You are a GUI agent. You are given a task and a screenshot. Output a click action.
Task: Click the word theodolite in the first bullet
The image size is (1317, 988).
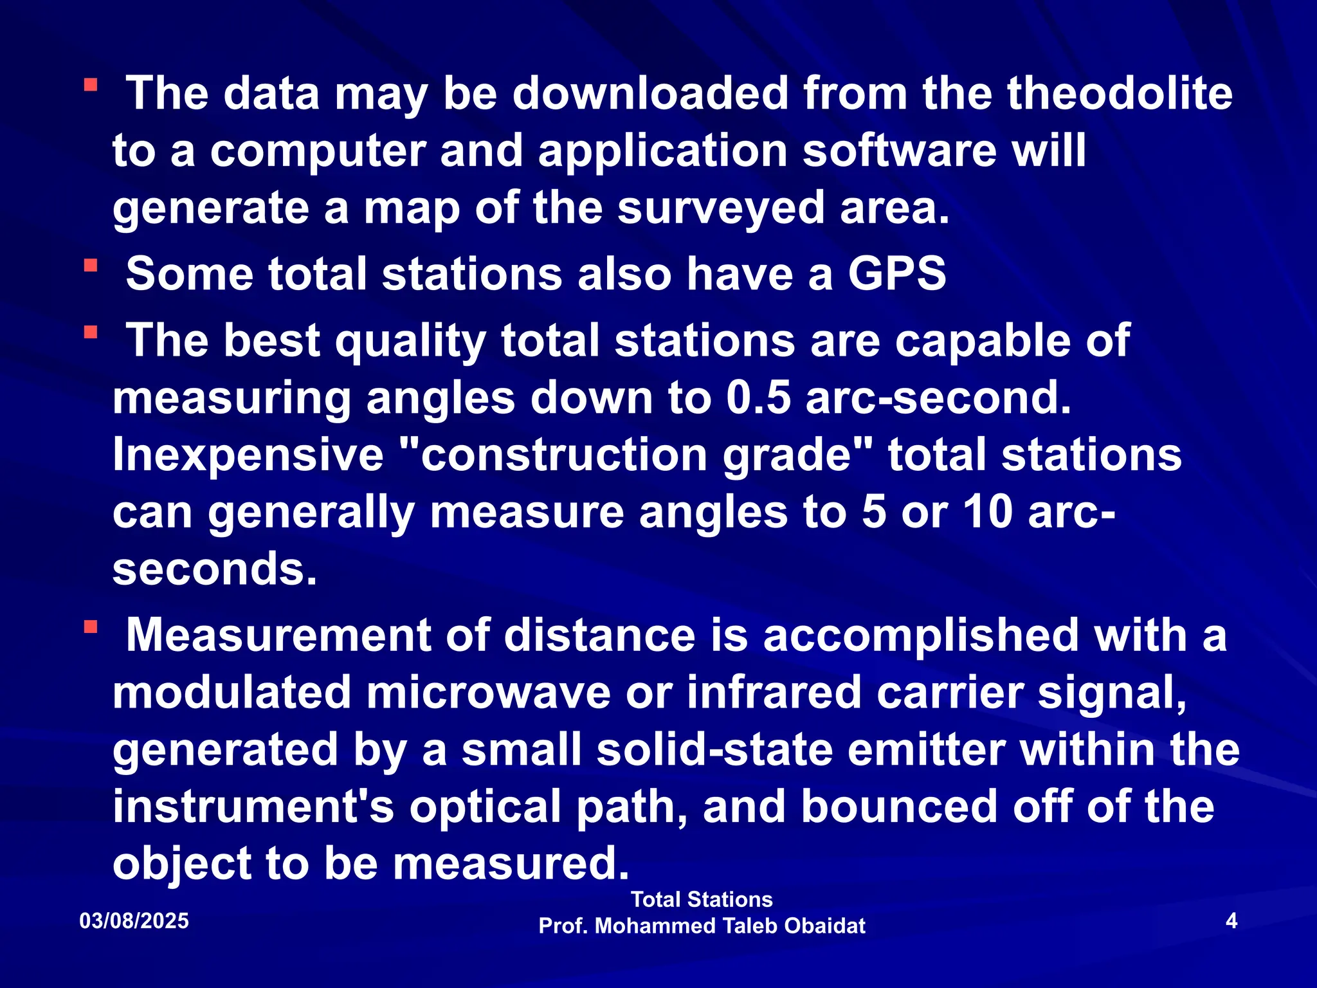tap(1120, 94)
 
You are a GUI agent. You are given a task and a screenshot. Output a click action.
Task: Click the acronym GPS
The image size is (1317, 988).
tap(896, 274)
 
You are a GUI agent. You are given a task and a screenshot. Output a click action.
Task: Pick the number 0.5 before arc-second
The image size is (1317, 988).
tap(759, 398)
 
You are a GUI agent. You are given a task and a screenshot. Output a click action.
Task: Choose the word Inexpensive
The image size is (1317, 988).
tap(248, 455)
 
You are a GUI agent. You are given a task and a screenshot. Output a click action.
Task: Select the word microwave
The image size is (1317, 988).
tap(489, 693)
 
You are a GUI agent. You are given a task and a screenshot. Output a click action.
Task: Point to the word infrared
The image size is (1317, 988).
tap(774, 693)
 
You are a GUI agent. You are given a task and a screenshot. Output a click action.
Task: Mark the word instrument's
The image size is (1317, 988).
tap(253, 807)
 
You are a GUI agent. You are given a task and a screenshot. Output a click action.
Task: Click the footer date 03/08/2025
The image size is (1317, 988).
tap(134, 921)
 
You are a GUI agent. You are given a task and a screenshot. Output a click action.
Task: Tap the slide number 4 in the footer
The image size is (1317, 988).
tap(1231, 921)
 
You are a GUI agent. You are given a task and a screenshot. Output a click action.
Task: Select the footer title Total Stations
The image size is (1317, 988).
tap(702, 899)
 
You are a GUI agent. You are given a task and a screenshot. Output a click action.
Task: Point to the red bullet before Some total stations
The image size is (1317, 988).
tap(91, 265)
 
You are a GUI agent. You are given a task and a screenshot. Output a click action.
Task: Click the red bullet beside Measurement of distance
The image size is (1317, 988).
tap(91, 627)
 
